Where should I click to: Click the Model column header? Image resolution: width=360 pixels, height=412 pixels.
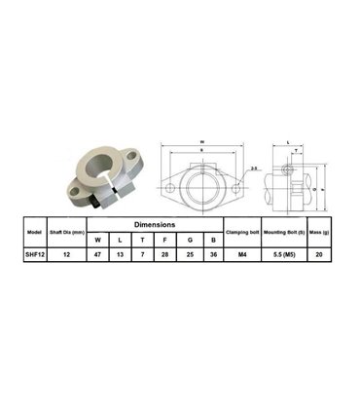35,233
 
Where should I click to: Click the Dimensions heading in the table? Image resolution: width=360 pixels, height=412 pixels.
156,224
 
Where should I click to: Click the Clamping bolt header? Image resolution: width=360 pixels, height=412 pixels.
241,233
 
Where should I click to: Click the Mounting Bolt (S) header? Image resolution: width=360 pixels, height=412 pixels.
284,233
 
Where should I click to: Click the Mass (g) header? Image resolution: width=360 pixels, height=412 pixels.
321,233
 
